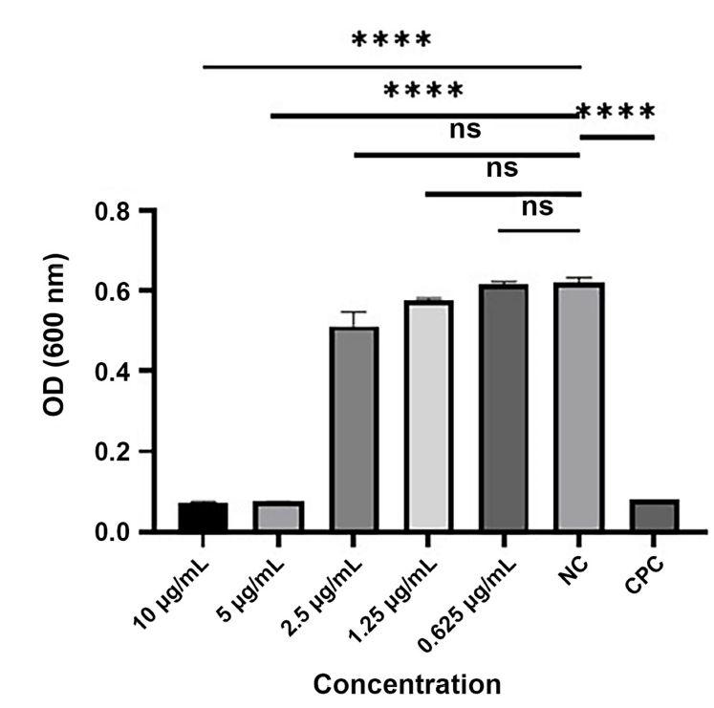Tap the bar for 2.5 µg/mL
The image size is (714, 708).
tap(354, 429)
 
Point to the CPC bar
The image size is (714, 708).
tap(654, 516)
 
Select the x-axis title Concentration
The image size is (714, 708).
tap(407, 685)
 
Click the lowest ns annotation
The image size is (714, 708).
tap(538, 206)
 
